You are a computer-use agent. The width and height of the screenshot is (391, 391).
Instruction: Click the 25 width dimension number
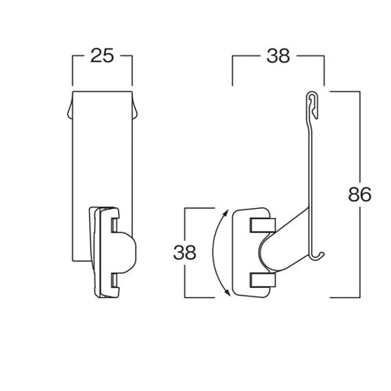102,56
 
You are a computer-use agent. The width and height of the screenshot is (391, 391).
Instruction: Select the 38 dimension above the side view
278,56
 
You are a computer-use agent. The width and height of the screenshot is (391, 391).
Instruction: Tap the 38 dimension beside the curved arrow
185,253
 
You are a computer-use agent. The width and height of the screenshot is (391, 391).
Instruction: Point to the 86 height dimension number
360,195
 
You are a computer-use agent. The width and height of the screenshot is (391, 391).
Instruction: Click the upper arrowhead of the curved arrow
226,213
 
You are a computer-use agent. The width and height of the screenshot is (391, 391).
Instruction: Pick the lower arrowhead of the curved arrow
228,292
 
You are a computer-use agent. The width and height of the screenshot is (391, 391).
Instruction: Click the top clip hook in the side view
313,105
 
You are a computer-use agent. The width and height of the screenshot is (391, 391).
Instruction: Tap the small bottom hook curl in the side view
318,256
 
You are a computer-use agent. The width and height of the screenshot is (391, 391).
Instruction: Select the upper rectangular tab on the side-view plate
263,225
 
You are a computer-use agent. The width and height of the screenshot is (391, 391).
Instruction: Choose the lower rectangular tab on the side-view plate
263,281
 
